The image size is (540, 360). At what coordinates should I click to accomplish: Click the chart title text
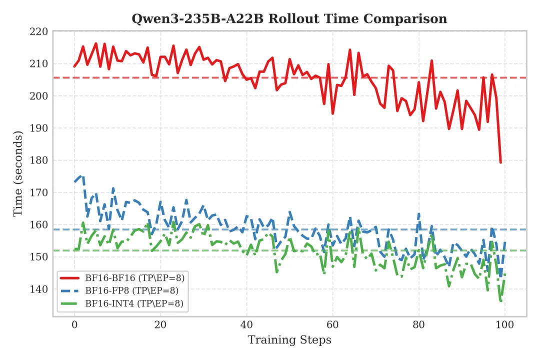pos(289,19)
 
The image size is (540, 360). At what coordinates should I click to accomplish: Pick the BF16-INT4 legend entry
pos(130,303)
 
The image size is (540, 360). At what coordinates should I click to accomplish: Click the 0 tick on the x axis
pos(74,324)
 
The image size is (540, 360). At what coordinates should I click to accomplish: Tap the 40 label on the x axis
pos(246,324)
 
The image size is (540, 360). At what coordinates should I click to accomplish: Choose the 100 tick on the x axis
pos(505,324)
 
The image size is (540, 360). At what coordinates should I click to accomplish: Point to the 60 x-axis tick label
pos(332,324)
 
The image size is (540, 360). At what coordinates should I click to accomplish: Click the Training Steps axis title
pos(289,340)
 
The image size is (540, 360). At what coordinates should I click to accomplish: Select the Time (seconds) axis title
pos(18,173)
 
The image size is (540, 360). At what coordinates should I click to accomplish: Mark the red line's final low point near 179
pos(500,162)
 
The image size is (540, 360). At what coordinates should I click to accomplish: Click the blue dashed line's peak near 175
pos(82,176)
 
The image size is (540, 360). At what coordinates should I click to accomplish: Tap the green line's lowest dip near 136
pos(500,301)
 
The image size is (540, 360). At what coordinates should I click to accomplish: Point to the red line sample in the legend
pos(70,277)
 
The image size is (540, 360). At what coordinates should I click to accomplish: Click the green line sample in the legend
pos(70,303)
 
